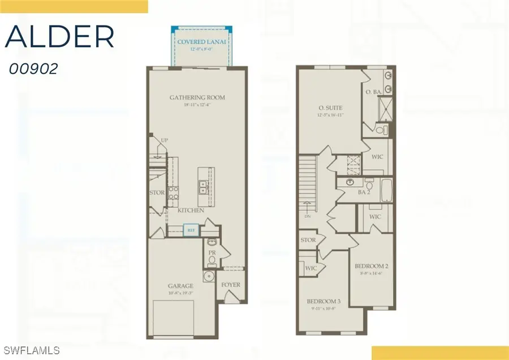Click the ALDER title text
coord(60,37)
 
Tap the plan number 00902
coord(34,69)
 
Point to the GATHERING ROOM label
coord(197,97)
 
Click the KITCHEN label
coord(191,211)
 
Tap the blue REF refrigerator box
coord(191,230)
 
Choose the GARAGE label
coord(180,286)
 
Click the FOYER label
coord(231,285)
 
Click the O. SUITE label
coord(331,108)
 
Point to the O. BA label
coord(372,92)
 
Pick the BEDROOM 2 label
coord(370,266)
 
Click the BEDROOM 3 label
coord(323,301)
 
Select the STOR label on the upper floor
coord(308,240)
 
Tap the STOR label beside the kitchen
coord(157,192)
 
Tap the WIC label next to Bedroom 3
coord(310,268)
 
